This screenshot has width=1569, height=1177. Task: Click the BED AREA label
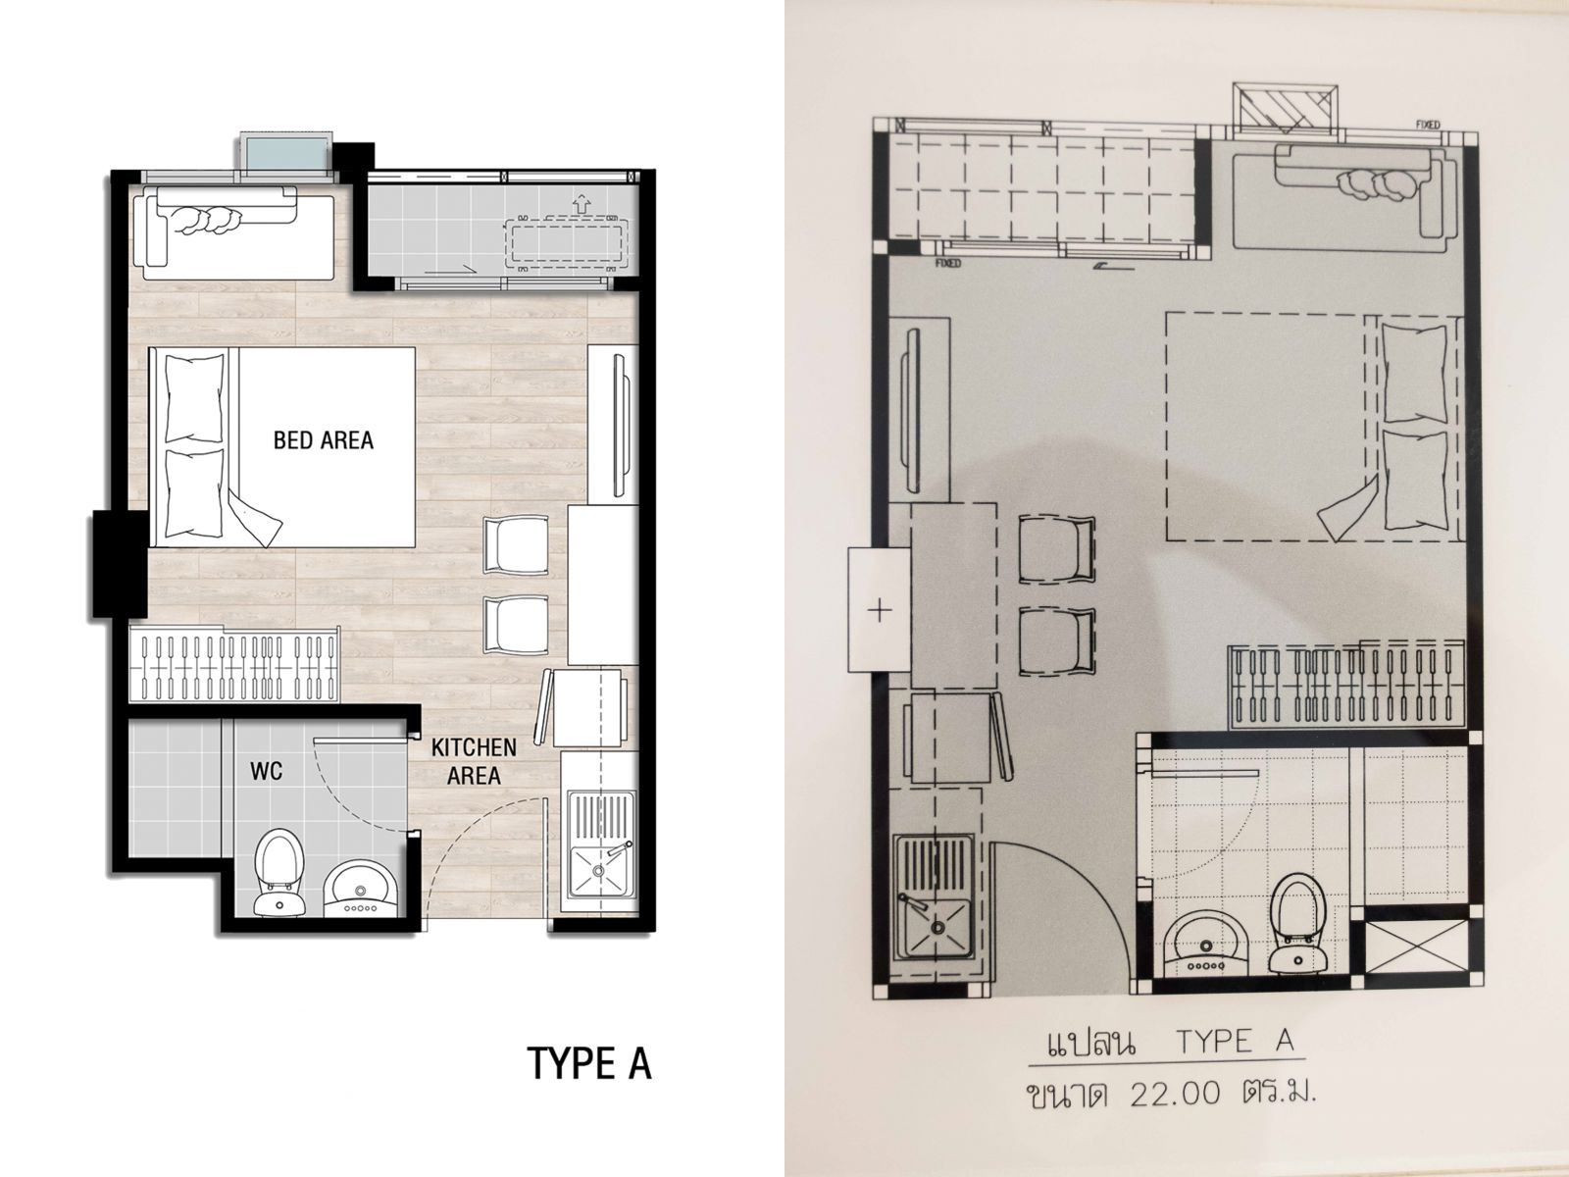click(x=324, y=440)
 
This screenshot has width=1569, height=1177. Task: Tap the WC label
click(x=267, y=771)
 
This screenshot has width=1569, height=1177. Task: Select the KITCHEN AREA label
click(x=474, y=762)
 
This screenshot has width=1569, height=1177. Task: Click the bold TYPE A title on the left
click(x=589, y=1063)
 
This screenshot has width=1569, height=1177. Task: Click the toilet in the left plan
click(x=279, y=872)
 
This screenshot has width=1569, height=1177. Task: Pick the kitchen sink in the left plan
click(x=602, y=844)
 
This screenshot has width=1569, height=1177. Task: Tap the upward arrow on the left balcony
click(x=582, y=204)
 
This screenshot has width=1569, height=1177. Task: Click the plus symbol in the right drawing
click(x=880, y=610)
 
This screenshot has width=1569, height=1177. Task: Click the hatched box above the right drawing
click(x=1286, y=108)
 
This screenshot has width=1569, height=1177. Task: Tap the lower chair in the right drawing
click(x=1056, y=641)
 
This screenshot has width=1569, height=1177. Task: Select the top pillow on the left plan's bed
click(x=194, y=399)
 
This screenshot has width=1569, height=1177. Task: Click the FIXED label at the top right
click(x=1428, y=126)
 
